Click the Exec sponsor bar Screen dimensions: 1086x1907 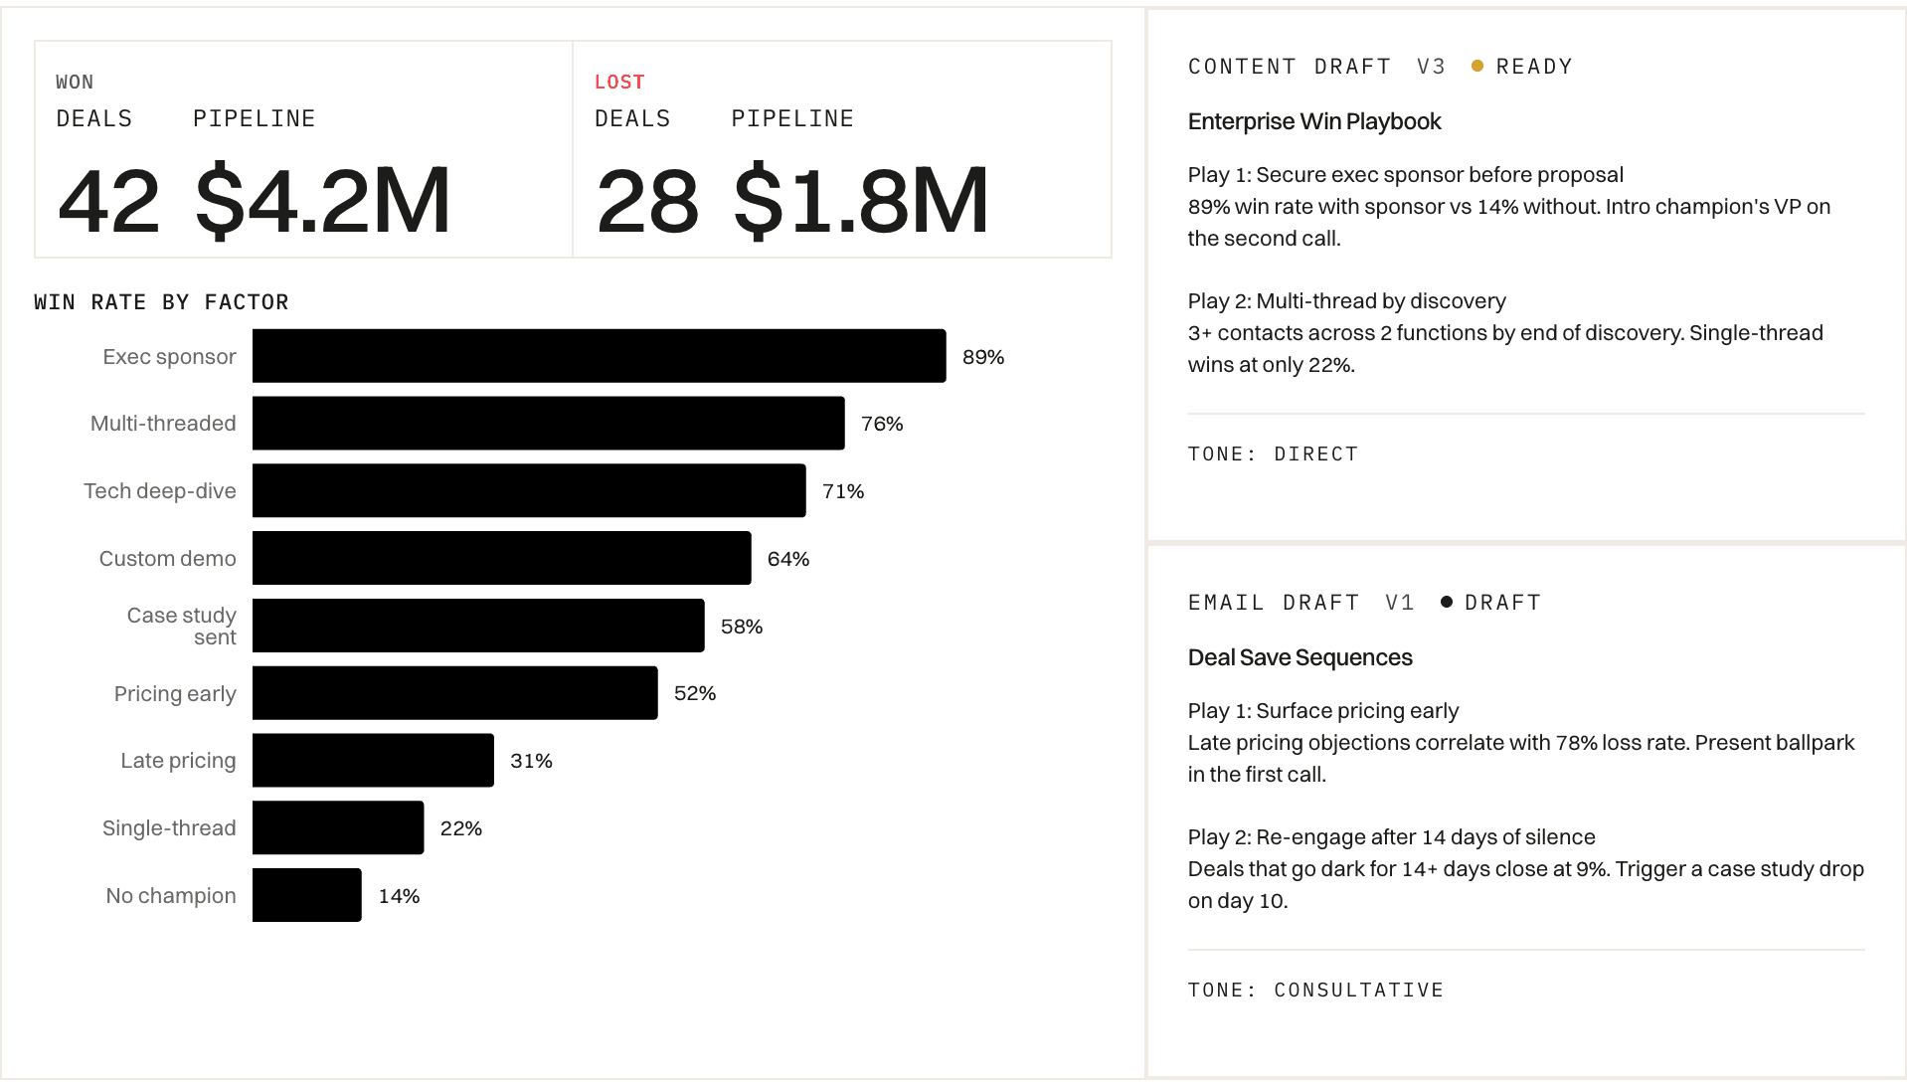pyautogui.click(x=599, y=356)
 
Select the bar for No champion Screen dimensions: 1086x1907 pyautogui.click(x=306, y=895)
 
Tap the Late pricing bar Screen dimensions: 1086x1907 pyautogui.click(x=373, y=761)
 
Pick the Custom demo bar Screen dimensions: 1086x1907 pyautogui.click(x=501, y=558)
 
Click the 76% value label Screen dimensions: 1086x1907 pyautogui.click(x=882, y=424)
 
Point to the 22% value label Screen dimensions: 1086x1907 pyautogui.click(x=460, y=828)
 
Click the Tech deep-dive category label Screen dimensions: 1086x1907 pyautogui.click(x=160, y=491)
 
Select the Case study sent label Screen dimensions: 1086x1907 pyautogui.click(x=182, y=626)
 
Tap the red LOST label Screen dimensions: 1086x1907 pyautogui.click(x=619, y=82)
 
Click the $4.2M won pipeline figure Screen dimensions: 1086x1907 pyautogui.click(x=323, y=201)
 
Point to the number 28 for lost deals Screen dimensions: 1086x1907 pyautogui.click(x=647, y=201)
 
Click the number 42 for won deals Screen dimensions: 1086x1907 pyautogui.click(x=108, y=201)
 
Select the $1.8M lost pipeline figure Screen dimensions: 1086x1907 pyautogui.click(x=861, y=201)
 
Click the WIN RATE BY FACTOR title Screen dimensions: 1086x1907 pyautogui.click(x=161, y=302)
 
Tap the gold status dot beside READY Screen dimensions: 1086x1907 pyautogui.click(x=1477, y=66)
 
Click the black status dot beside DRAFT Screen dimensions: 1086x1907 pyautogui.click(x=1447, y=602)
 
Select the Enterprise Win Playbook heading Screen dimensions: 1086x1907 pyautogui.click(x=1313, y=121)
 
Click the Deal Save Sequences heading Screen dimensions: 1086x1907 pyautogui.click(x=1300, y=657)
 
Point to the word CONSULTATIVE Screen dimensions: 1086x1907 pyautogui.click(x=1358, y=990)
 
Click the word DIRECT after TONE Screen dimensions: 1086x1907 pyautogui.click(x=1315, y=453)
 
